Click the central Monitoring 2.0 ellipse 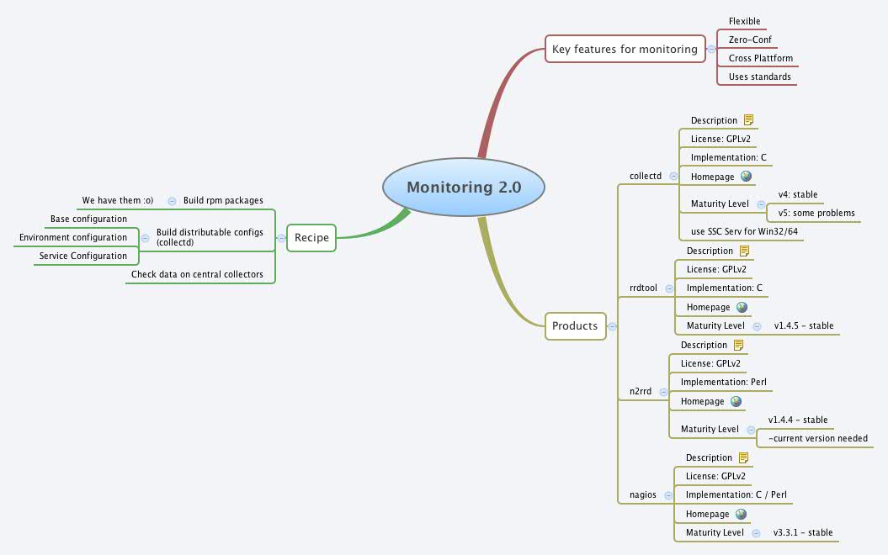pyautogui.click(x=464, y=187)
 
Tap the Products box pyautogui.click(x=575, y=325)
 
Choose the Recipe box pyautogui.click(x=311, y=238)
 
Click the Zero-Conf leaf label pyautogui.click(x=750, y=40)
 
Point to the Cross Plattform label pyautogui.click(x=760, y=58)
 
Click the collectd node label pyautogui.click(x=646, y=176)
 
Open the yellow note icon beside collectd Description pyautogui.click(x=748, y=120)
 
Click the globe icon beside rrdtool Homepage pyautogui.click(x=742, y=307)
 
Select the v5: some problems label pyautogui.click(x=816, y=213)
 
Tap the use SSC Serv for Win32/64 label pyautogui.click(x=741, y=231)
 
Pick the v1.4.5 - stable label pyautogui.click(x=803, y=325)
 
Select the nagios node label pyautogui.click(x=643, y=494)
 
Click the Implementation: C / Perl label pyautogui.click(x=736, y=494)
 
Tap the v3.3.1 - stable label pyautogui.click(x=802, y=532)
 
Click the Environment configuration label pyautogui.click(x=73, y=237)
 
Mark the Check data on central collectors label pyautogui.click(x=197, y=274)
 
